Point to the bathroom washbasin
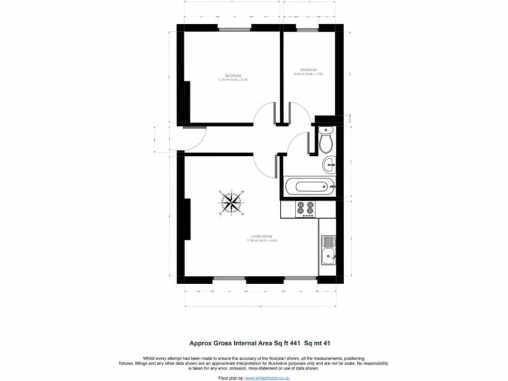[329, 164]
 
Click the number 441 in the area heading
[290, 342]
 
